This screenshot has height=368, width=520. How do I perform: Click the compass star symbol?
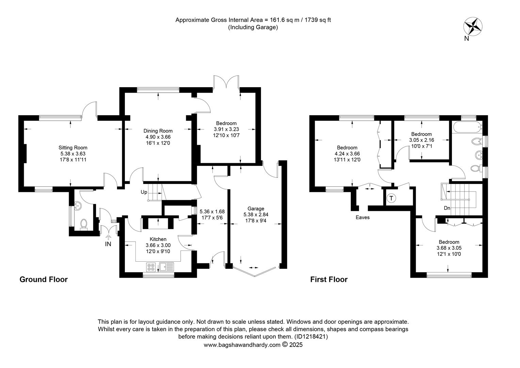pyautogui.click(x=473, y=26)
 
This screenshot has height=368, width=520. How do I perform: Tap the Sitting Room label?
pyautogui.click(x=73, y=148)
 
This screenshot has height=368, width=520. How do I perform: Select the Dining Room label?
pyautogui.click(x=158, y=131)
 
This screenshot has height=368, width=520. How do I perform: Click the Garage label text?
pyautogui.click(x=256, y=209)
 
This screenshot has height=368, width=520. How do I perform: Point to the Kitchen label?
pyautogui.click(x=158, y=239)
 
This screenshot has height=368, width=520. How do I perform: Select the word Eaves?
pyautogui.click(x=362, y=217)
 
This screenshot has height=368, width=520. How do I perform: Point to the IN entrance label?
pyautogui.click(x=108, y=244)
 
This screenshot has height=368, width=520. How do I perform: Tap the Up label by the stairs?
pyautogui.click(x=144, y=192)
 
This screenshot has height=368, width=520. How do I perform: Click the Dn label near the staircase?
pyautogui.click(x=447, y=208)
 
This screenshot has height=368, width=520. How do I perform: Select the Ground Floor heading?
pyautogui.click(x=44, y=280)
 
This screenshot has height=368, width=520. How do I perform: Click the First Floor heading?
pyautogui.click(x=329, y=280)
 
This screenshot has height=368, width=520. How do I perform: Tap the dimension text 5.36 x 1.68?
pyautogui.click(x=212, y=212)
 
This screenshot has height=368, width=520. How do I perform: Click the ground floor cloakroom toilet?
pyautogui.click(x=84, y=224)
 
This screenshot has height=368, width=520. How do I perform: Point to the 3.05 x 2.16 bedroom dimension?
pyautogui.click(x=421, y=140)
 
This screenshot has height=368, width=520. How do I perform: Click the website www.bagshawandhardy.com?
pyautogui.click(x=242, y=345)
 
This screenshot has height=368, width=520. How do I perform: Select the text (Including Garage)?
pyautogui.click(x=253, y=27)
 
